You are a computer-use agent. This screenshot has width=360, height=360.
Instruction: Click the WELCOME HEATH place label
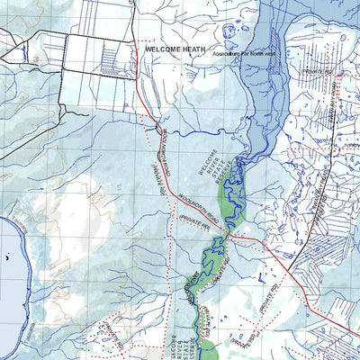pos(175,51)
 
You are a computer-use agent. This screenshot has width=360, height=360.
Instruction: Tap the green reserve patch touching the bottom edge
pos(206,350)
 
